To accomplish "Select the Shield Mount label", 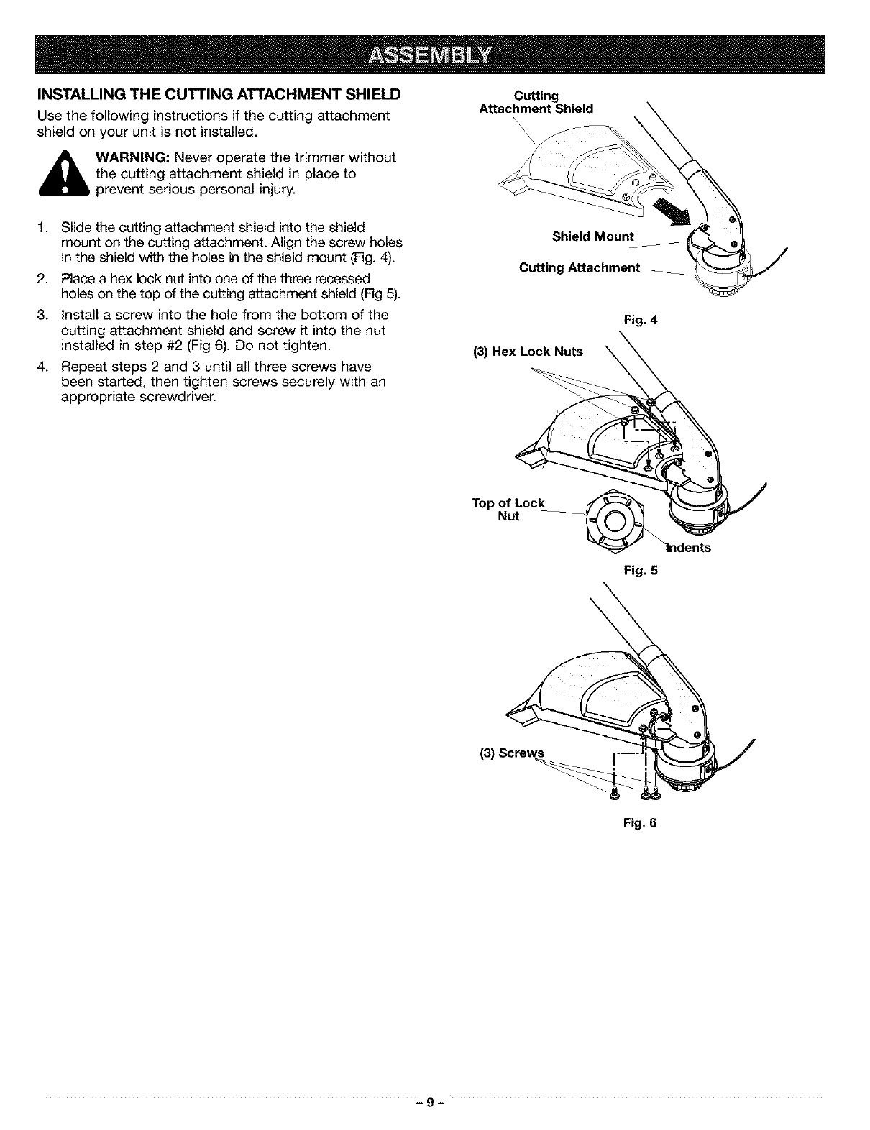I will (x=593, y=237).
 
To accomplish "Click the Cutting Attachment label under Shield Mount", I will (x=579, y=268).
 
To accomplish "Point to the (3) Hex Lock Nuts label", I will (x=527, y=352).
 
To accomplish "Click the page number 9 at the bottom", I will (x=434, y=1103).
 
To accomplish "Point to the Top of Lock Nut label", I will (x=508, y=509).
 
